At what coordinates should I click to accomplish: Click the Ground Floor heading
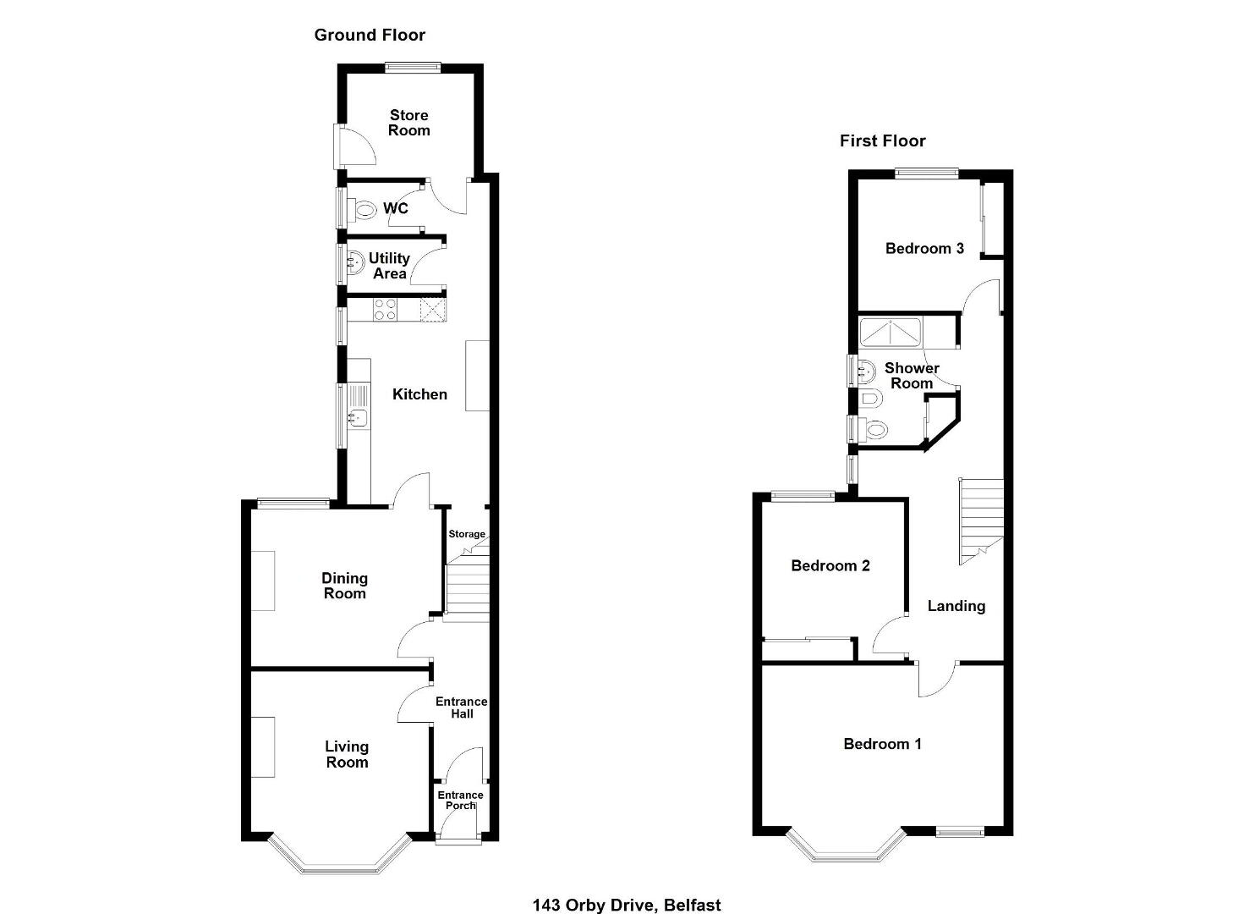tap(370, 36)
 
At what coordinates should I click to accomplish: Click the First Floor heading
tap(882, 140)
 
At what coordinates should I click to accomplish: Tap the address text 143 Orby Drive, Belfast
tap(627, 905)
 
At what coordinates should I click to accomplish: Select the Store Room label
tap(409, 123)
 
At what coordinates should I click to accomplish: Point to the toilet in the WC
tap(363, 211)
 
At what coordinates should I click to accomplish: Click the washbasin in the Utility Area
tap(355, 262)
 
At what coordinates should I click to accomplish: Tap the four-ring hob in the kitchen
tap(385, 310)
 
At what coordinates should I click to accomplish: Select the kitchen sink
tap(359, 417)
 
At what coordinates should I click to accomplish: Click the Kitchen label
tap(419, 394)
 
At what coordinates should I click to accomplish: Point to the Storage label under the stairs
tap(467, 534)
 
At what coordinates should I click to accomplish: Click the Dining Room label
tap(344, 586)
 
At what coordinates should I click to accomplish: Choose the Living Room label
tap(347, 754)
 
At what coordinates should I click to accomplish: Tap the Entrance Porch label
tap(461, 800)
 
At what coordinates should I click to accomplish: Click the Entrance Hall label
tap(462, 708)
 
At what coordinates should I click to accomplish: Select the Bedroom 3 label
tap(924, 249)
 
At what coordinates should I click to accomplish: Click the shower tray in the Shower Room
tap(891, 332)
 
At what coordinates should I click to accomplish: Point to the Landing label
tap(956, 606)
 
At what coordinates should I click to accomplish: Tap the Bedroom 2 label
tap(830, 565)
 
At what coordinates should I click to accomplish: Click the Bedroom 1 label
tap(882, 744)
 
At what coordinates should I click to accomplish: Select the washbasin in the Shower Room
tap(866, 371)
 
